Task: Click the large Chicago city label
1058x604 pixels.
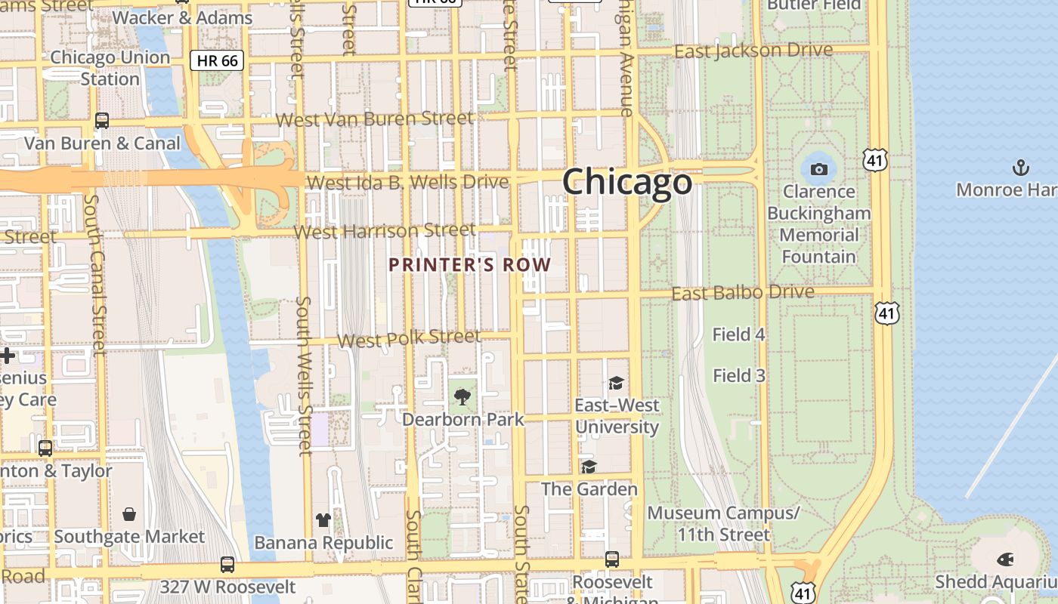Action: click(x=626, y=183)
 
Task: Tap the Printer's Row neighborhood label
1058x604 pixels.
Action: click(x=469, y=265)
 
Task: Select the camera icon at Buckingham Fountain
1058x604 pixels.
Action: click(x=818, y=169)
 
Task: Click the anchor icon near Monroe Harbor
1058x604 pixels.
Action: click(x=1021, y=167)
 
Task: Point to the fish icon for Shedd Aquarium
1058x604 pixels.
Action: click(x=1005, y=559)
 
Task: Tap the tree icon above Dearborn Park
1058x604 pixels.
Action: click(x=462, y=396)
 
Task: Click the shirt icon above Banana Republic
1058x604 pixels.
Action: click(x=323, y=519)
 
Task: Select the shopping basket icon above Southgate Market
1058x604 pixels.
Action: click(x=129, y=514)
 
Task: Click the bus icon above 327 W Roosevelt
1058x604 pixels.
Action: click(x=227, y=564)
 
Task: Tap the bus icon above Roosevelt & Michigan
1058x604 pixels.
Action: click(x=612, y=559)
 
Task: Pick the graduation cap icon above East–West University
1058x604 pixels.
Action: click(x=616, y=383)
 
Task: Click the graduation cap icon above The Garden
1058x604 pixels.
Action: click(x=589, y=467)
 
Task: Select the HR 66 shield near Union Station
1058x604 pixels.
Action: click(x=217, y=61)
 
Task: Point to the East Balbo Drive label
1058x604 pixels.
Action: click(x=743, y=292)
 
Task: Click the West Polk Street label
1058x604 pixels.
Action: click(x=409, y=338)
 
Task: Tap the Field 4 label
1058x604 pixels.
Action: click(x=738, y=334)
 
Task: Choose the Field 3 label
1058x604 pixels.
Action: click(x=738, y=375)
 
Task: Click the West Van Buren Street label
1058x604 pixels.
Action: click(x=375, y=119)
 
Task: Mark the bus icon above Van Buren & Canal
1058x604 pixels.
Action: click(x=101, y=120)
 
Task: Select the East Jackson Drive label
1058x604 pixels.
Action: click(x=753, y=51)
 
